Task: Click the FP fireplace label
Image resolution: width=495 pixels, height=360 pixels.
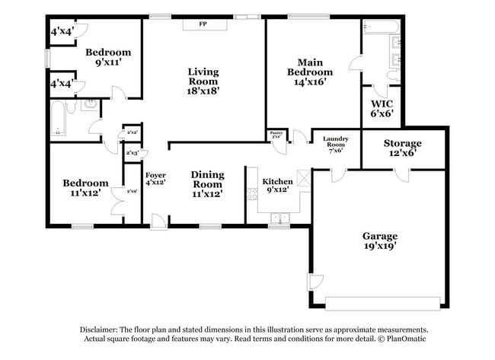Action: (203, 24)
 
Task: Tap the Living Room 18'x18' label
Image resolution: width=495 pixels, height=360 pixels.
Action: (203, 81)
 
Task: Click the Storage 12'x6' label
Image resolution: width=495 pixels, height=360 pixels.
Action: (401, 148)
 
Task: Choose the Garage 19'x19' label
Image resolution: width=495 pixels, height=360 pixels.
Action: (380, 241)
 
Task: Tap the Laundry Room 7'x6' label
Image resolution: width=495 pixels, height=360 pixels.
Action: (336, 144)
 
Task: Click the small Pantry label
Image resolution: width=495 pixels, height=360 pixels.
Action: (276, 135)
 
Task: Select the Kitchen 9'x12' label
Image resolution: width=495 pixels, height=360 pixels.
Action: (278, 186)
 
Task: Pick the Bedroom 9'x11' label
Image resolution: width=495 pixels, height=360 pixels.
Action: (107, 57)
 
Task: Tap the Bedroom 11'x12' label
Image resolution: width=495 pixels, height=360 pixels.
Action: (85, 188)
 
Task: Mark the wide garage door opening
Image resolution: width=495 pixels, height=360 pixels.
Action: (382, 298)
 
